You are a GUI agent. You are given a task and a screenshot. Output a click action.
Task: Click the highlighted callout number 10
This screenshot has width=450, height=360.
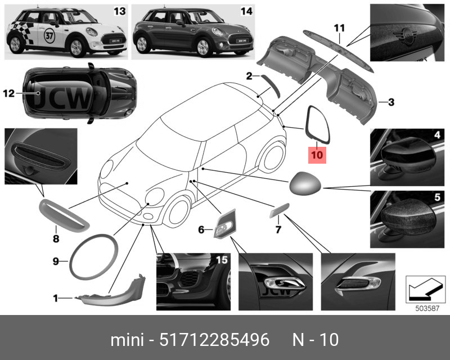click(x=317, y=155)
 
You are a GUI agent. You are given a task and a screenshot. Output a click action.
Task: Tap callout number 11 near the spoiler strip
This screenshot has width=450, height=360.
click(x=339, y=28)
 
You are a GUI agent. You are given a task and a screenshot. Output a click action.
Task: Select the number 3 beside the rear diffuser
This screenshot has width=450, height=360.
click(x=391, y=102)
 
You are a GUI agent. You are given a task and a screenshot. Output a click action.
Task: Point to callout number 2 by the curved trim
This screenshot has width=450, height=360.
click(x=249, y=76)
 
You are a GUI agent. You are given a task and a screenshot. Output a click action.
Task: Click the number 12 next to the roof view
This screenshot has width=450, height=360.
click(x=9, y=93)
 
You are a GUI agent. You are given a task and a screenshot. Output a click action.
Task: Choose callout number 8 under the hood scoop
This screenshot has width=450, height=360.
click(x=56, y=238)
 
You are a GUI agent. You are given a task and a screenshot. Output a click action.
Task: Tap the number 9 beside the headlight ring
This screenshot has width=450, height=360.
click(x=56, y=261)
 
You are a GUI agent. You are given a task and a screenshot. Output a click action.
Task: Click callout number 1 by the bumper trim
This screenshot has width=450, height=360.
click(x=56, y=299)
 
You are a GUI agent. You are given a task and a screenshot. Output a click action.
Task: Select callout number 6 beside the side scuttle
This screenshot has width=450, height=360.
click(x=201, y=229)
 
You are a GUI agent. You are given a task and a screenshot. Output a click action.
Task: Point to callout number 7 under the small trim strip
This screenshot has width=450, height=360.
click(x=278, y=229)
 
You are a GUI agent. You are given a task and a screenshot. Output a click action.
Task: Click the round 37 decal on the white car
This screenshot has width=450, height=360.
click(x=49, y=36)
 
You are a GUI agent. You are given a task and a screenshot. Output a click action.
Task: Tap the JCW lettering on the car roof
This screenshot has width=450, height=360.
click(x=62, y=98)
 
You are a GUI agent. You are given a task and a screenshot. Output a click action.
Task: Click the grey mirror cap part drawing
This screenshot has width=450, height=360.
click(x=305, y=183)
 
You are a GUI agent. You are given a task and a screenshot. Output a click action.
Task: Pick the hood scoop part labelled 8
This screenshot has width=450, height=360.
click(x=64, y=216)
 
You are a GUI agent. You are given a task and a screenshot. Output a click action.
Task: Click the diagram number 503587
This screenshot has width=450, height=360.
click(x=427, y=308)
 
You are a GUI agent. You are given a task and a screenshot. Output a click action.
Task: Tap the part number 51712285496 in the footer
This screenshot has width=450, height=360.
click(x=214, y=340)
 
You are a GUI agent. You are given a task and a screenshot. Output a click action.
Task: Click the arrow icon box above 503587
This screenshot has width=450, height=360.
click(x=426, y=289)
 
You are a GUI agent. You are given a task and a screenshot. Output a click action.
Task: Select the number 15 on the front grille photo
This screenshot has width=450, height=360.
click(x=222, y=260)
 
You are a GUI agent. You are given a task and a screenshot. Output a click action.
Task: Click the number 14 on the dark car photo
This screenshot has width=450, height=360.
click(x=246, y=11)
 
